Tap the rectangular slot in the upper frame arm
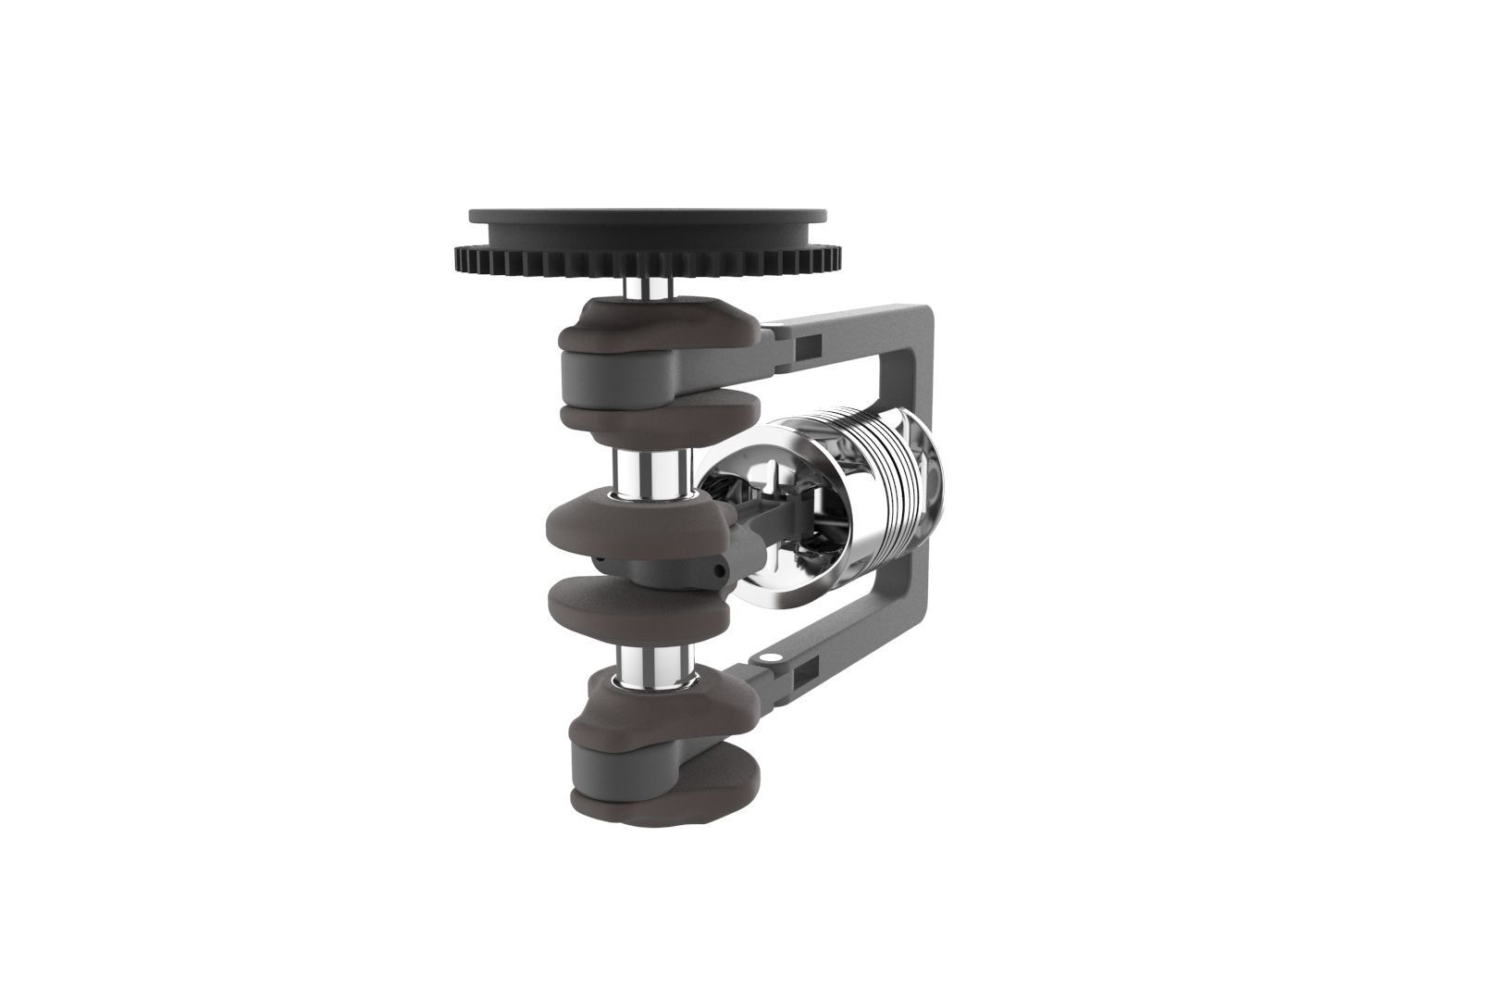click(808, 345)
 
